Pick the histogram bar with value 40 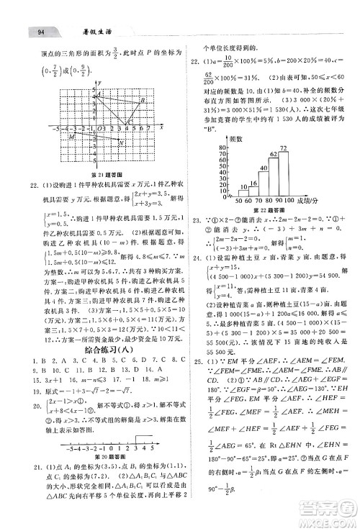(x=264, y=186)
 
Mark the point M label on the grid (x=51, y=135)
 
